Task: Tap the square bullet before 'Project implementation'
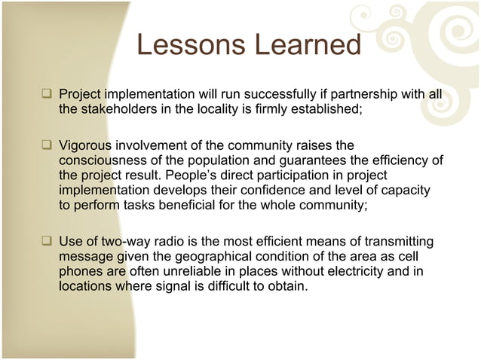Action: tap(47, 95)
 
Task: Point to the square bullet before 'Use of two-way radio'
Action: tap(47, 243)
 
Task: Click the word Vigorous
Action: tap(86, 144)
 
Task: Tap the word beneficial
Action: tap(222, 207)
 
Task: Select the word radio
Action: tap(175, 241)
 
